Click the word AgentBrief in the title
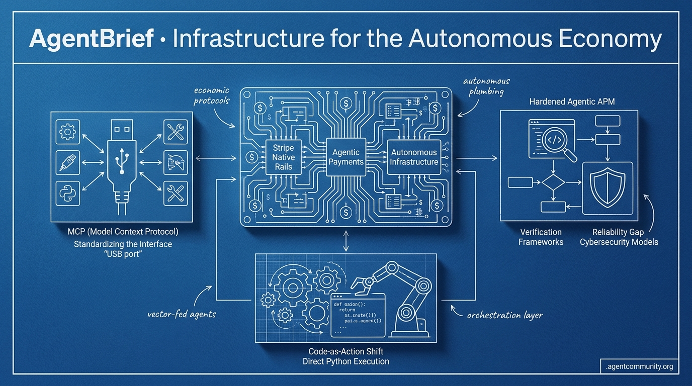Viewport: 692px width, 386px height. coord(91,39)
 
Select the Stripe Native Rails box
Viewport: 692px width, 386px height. coord(283,157)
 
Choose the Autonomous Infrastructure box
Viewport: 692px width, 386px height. coord(414,156)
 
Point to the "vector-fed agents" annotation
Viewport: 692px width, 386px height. coord(182,314)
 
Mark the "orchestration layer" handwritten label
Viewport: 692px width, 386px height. coord(504,315)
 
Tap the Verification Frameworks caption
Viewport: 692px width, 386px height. coord(541,237)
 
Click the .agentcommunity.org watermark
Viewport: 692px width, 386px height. coord(639,366)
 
